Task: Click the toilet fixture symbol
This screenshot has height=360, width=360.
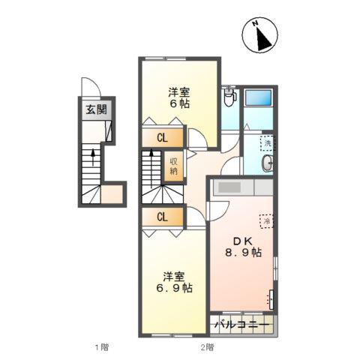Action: (x=229, y=97)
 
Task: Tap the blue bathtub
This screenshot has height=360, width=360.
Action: (x=258, y=97)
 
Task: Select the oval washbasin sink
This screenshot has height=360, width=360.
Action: (x=267, y=163)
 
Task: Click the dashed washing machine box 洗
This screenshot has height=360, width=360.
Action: (x=267, y=143)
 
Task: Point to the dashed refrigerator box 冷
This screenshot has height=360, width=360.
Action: (x=266, y=221)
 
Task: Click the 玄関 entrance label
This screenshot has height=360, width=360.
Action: (x=96, y=109)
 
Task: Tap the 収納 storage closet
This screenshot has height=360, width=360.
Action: (x=173, y=166)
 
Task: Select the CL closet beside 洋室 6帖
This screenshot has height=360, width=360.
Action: (x=163, y=137)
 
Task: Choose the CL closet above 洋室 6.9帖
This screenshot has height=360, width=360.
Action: (x=163, y=217)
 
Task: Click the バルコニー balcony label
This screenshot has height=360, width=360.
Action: (x=241, y=325)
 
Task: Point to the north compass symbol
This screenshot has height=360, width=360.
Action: (x=260, y=35)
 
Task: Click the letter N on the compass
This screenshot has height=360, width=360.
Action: (x=255, y=24)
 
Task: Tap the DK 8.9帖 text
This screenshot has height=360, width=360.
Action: (x=243, y=247)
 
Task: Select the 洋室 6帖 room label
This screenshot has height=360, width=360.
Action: (x=179, y=97)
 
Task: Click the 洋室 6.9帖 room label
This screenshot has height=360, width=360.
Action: (x=174, y=282)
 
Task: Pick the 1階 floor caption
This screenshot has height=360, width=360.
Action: (x=102, y=347)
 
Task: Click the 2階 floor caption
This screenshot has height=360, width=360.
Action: (x=207, y=347)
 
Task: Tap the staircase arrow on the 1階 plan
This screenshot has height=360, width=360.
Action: (x=93, y=157)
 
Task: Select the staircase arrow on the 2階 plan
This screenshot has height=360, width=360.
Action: (x=151, y=168)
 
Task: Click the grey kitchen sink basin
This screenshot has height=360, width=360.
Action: (x=229, y=187)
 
